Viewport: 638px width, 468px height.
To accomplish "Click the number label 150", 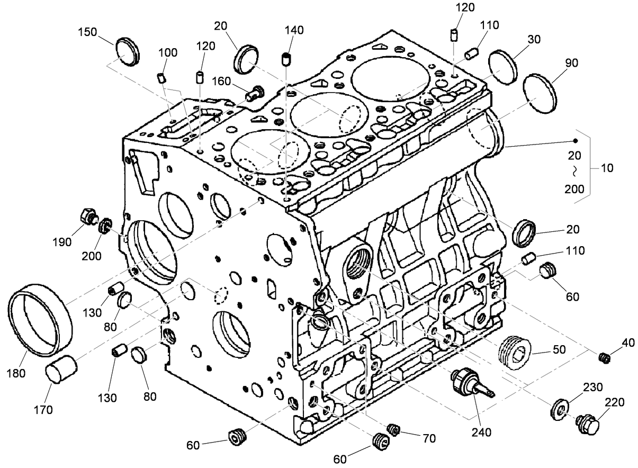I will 87,32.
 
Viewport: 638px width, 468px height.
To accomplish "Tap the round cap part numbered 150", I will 128,52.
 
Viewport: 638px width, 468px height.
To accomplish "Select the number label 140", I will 294,30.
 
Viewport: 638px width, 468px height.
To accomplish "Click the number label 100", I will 168,53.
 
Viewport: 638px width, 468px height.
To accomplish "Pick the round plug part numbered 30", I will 502,67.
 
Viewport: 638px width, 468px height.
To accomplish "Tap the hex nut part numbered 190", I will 87,217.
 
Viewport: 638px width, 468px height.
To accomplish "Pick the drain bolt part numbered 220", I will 588,424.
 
